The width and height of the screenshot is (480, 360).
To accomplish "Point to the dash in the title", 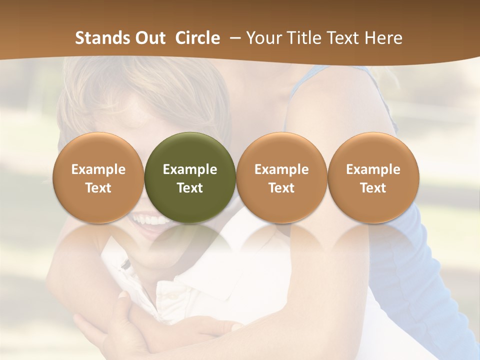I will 233,38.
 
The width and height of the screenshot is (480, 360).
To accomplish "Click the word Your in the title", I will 263,38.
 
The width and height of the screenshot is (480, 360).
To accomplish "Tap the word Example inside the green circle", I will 190,169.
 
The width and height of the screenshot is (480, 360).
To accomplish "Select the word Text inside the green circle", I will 190,188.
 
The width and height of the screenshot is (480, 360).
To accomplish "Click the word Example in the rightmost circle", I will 373,169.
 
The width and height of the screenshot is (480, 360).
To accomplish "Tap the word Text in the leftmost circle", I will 98,188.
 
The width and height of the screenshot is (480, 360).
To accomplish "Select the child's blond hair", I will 150,90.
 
